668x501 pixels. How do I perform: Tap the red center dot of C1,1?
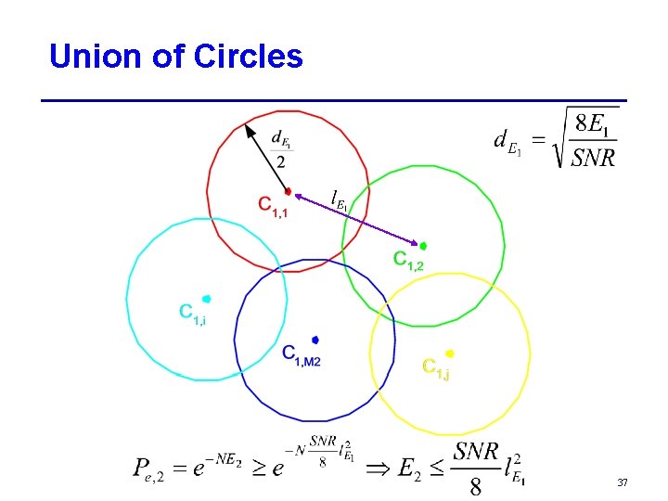(288, 191)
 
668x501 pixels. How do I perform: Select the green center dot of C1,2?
(422, 246)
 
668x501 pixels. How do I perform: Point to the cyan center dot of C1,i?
(206, 299)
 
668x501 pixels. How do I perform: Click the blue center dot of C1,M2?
(315, 340)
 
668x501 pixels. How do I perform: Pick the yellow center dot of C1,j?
(449, 353)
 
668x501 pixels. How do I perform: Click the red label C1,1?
(273, 207)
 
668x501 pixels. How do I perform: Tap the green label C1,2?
(408, 261)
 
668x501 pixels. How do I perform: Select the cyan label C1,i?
(192, 315)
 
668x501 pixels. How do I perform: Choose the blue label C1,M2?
(301, 355)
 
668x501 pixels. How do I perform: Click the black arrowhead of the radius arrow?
(249, 130)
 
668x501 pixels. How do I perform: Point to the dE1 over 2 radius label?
(280, 148)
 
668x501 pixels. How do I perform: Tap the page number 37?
(622, 482)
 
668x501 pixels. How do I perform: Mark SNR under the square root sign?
(593, 157)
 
